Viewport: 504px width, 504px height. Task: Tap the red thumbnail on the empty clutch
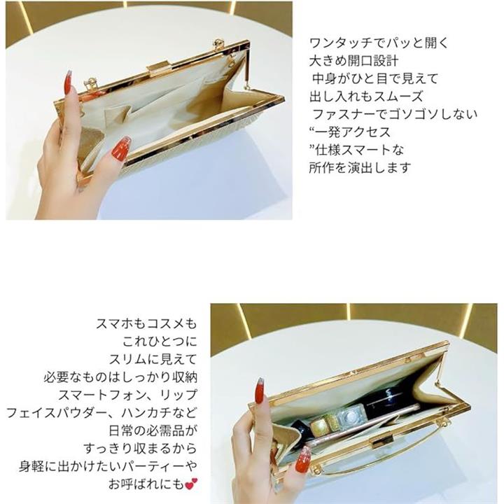[x=122, y=147]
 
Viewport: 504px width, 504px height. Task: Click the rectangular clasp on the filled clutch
[x=382, y=444]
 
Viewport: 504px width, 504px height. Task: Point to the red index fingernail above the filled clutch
[x=260, y=391]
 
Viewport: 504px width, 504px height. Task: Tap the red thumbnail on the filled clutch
[x=303, y=459]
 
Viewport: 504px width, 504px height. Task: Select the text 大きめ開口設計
[x=354, y=61]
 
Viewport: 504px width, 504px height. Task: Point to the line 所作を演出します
[x=360, y=168]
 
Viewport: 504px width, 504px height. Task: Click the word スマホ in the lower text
[x=115, y=323]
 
